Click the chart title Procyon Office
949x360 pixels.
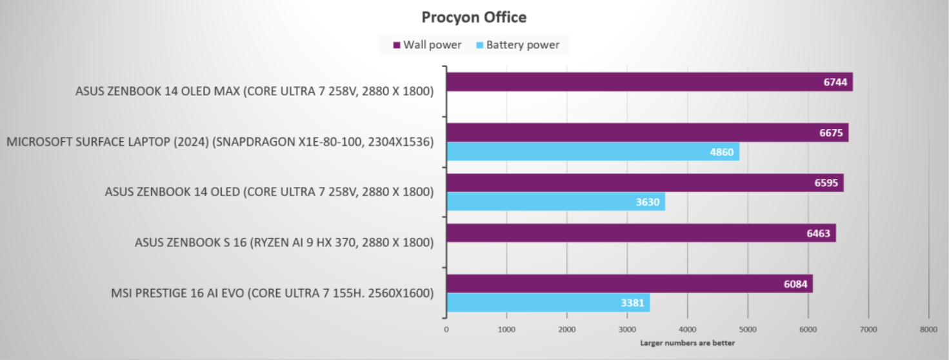[474, 17]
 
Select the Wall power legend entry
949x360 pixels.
[427, 45]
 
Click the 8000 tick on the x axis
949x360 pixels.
[928, 329]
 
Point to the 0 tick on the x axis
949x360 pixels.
[446, 329]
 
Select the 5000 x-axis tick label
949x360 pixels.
[748, 329]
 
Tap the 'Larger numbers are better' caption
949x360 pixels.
[687, 343]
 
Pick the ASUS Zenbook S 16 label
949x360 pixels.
[284, 243]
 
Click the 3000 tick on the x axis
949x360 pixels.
[627, 329]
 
